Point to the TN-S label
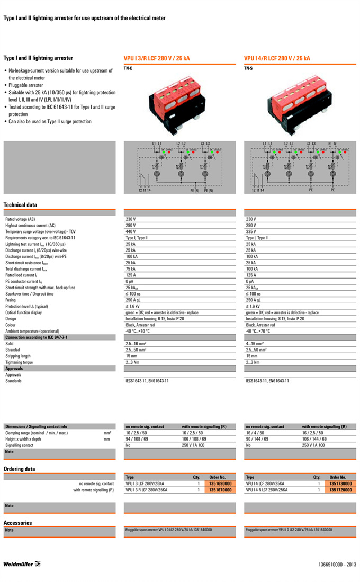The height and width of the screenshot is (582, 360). tap(248, 68)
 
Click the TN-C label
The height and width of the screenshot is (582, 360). tap(128, 68)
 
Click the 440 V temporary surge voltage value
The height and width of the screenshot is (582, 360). tap(131, 232)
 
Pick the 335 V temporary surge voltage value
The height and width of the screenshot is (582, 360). tap(251, 232)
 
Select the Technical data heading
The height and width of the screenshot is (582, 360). tap(20, 205)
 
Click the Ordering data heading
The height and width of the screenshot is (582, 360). tap(20, 469)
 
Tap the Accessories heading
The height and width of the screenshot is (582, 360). tap(17, 523)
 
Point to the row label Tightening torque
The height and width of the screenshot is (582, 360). tap(19, 363)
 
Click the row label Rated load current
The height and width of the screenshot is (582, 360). tap(21, 275)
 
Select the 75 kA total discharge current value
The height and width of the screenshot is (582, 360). tap(130, 269)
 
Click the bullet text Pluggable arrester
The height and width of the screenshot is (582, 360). tap(26, 85)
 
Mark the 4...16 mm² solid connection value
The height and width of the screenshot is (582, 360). tap(255, 344)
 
